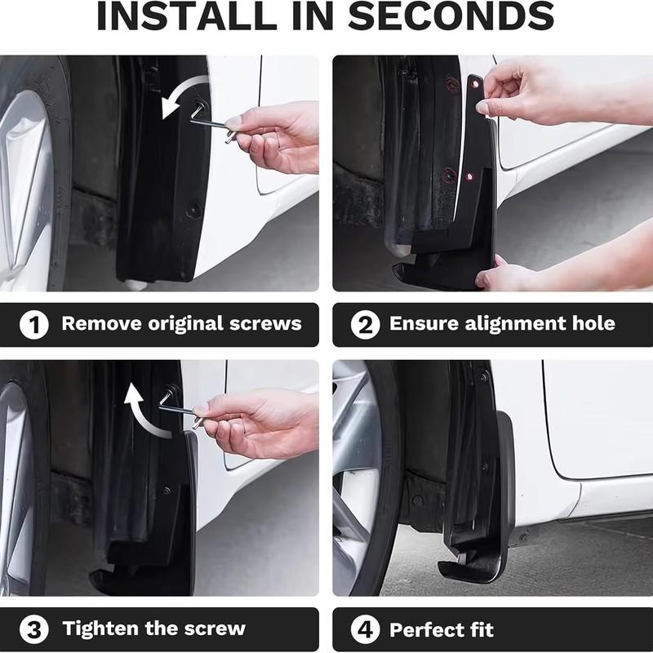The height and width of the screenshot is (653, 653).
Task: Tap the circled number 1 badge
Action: click(x=33, y=324)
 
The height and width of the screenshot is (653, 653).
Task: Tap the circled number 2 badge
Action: click(x=365, y=324)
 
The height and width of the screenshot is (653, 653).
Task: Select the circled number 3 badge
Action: click(x=33, y=629)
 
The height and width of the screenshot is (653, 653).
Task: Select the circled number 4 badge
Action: click(x=365, y=629)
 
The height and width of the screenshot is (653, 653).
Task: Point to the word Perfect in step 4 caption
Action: click(x=425, y=629)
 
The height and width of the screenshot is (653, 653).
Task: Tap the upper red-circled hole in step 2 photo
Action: click(x=451, y=85)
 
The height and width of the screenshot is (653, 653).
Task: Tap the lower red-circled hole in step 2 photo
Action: click(x=448, y=175)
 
